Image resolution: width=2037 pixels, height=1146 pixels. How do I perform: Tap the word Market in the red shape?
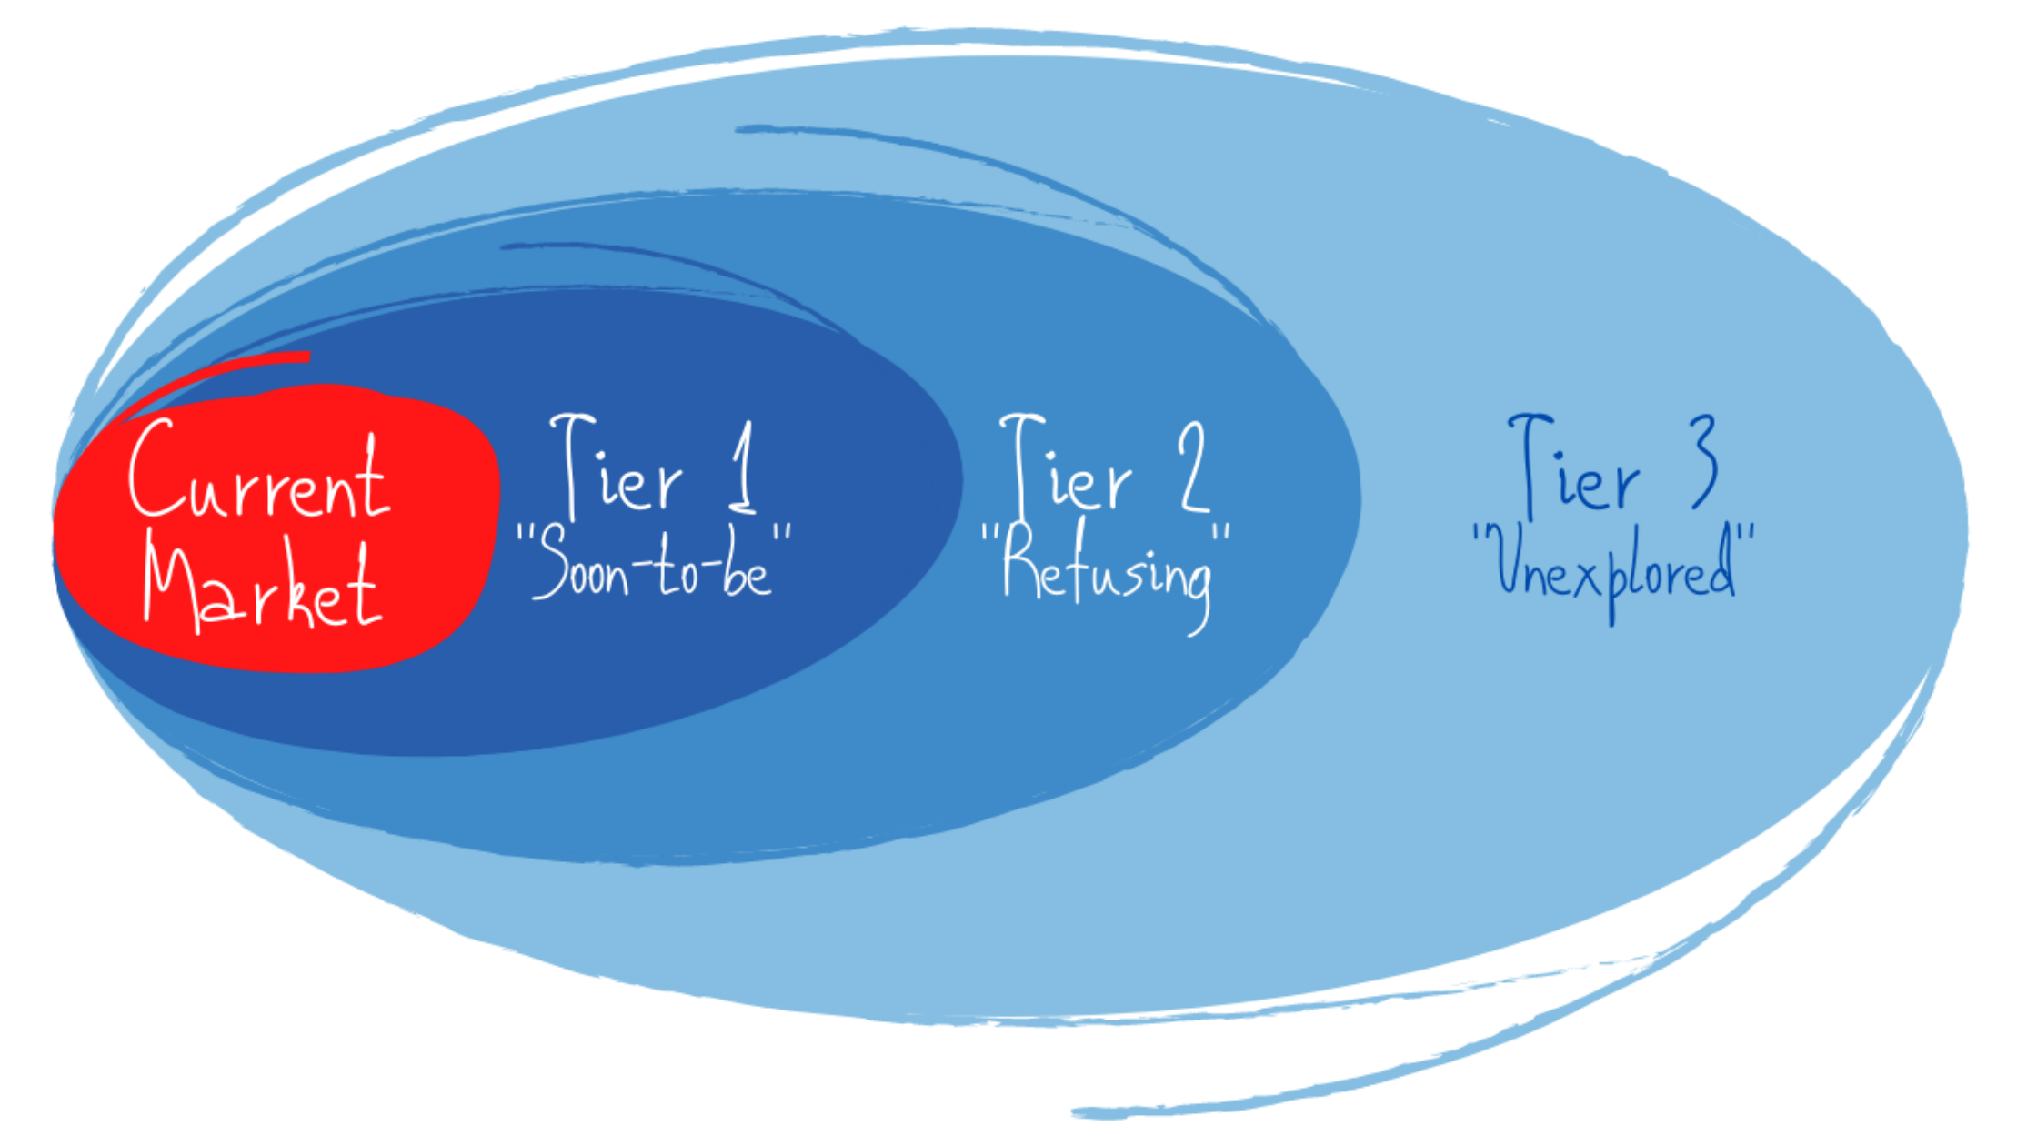click(261, 587)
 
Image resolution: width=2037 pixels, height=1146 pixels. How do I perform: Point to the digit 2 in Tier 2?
click(1194, 466)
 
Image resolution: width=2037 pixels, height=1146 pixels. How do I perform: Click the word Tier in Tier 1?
click(616, 468)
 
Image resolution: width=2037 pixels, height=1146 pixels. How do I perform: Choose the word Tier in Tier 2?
click(1065, 468)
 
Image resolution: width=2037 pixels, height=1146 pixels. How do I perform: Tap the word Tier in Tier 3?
click(1573, 468)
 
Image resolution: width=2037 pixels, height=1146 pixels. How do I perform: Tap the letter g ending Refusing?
click(1199, 591)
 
